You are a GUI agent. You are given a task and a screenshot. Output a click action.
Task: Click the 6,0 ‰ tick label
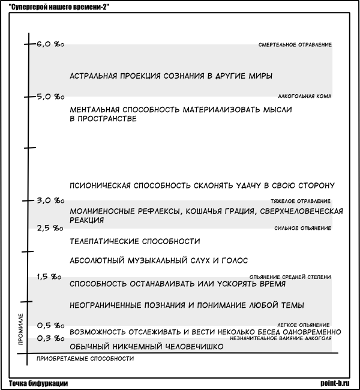point(50,44)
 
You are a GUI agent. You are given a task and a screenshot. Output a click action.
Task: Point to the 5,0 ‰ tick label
point(50,96)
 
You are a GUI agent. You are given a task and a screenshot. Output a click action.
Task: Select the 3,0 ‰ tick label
point(50,200)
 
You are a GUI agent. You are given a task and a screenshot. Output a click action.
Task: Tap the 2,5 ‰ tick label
point(50,228)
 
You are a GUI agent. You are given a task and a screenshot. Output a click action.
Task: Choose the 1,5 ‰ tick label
point(49,277)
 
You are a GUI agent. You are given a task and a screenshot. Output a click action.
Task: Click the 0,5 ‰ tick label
point(50,325)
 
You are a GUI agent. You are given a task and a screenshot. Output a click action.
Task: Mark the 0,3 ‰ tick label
point(50,338)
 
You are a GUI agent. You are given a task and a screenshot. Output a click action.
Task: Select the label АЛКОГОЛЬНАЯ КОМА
point(305,96)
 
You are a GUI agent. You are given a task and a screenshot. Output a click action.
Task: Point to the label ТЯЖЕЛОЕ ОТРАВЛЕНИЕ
point(301,200)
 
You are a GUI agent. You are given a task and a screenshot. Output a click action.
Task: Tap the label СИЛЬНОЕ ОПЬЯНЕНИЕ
point(302,228)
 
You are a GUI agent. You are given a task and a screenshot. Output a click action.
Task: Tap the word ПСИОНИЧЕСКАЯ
point(100,185)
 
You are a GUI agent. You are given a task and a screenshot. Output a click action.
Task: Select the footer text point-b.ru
point(338,383)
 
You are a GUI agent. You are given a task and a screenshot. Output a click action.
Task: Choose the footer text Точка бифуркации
point(38,383)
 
